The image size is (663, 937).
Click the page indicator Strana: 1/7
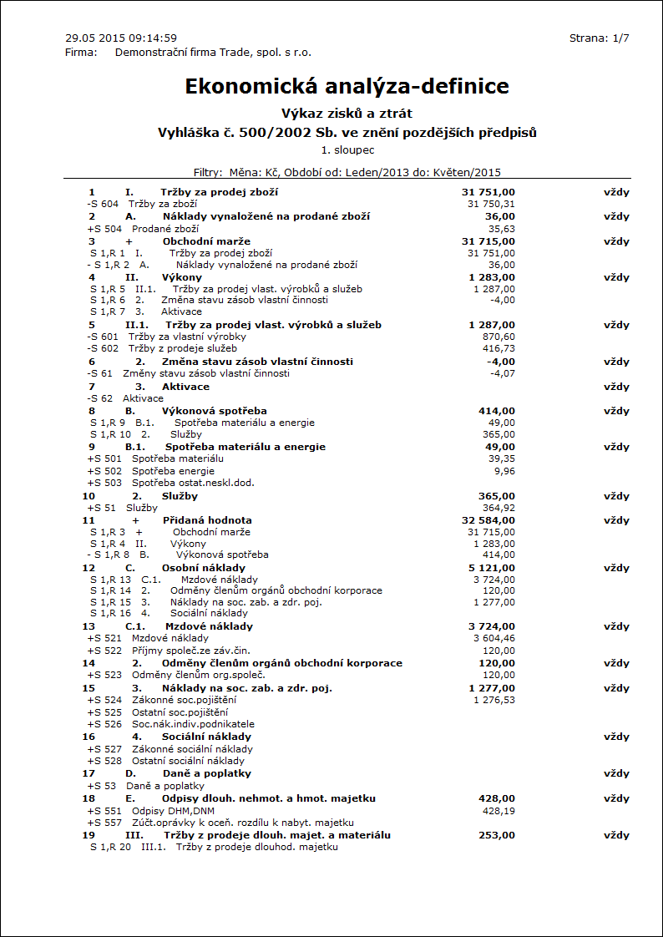[599, 38]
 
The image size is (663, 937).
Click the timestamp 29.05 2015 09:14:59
[121, 38]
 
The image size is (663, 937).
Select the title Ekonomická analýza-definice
[347, 87]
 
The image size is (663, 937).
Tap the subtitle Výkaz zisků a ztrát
[347, 114]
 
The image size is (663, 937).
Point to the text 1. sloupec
[347, 150]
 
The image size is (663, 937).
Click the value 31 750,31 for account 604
[491, 204]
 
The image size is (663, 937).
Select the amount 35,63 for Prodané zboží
[501, 229]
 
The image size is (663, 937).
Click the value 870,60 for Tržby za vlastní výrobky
[499, 337]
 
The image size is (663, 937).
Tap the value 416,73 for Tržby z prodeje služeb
[499, 348]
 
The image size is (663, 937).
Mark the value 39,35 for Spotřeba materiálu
[501, 458]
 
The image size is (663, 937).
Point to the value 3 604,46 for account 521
[494, 638]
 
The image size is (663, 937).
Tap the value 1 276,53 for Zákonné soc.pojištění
[494, 700]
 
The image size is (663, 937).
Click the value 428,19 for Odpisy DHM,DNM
[499, 810]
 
